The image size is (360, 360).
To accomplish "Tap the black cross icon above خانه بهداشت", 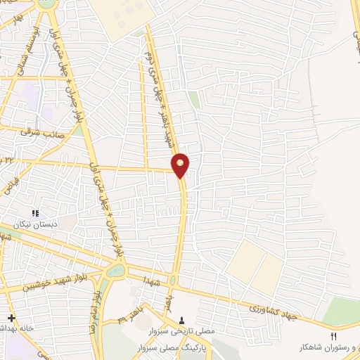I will point(11,318).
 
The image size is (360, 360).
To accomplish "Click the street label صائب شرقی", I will point(43,131).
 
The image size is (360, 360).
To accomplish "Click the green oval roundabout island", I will point(113,272).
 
